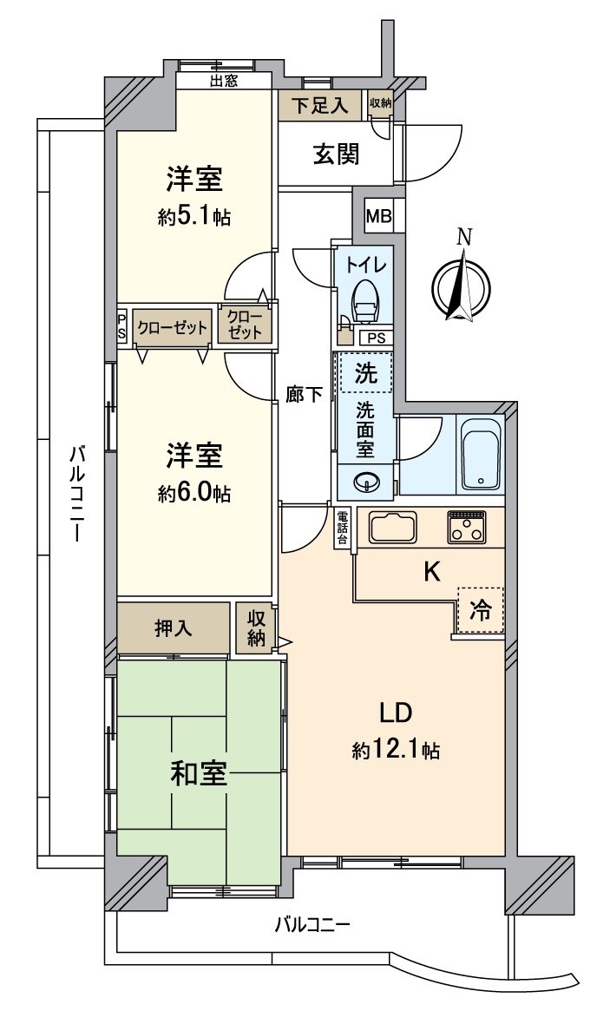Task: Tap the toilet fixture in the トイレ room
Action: pos(365,300)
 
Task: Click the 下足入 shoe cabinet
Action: pos(319,106)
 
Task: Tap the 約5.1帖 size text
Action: pos(194,218)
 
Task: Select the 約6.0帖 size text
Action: pos(194,494)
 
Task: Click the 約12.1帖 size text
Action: pos(396,750)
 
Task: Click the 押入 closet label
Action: pos(174,628)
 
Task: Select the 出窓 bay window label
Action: pos(224,82)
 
